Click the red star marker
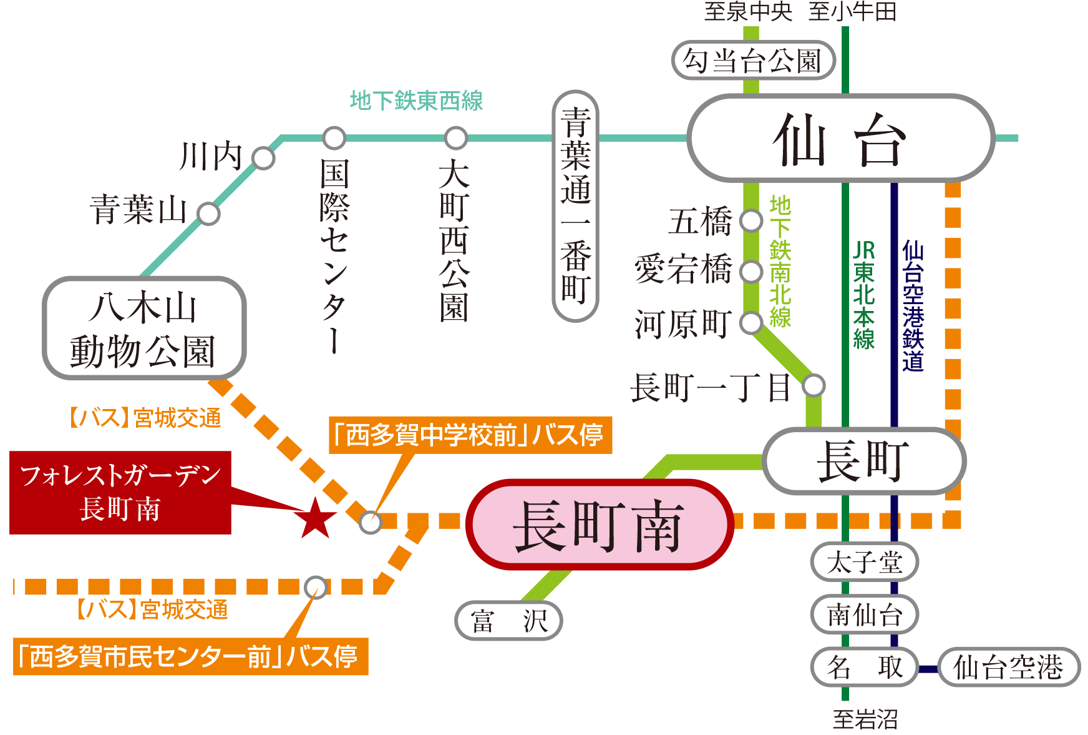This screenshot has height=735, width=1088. [316, 518]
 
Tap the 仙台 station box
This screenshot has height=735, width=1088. [840, 139]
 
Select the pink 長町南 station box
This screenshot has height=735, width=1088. [600, 525]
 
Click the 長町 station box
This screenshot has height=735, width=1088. [863, 461]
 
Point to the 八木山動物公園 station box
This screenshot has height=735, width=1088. [144, 328]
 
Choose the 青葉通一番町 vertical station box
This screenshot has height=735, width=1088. [575, 206]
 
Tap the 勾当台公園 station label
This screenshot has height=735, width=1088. [753, 61]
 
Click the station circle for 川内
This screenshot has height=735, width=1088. [263, 158]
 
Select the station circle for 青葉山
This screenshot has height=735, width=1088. [208, 214]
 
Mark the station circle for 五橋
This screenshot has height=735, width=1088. [751, 220]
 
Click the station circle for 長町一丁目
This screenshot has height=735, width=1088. [814, 385]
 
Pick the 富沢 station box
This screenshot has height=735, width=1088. [508, 621]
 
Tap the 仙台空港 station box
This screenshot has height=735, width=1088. [1008, 667]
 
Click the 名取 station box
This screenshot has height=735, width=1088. [864, 667]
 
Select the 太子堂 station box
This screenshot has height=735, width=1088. [864, 562]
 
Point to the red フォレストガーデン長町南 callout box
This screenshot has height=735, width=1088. [120, 492]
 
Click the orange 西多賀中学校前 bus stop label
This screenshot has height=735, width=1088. [470, 435]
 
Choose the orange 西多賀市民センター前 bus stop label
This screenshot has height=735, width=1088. [190, 656]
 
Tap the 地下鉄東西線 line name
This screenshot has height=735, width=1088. [416, 101]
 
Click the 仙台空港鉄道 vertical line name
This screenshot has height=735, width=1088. [913, 306]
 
